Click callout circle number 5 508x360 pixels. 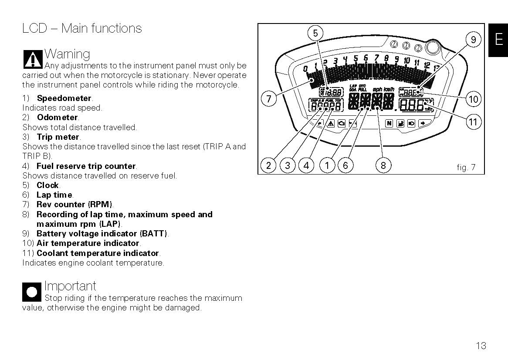coord(315,33)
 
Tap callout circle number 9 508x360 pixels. coord(473,40)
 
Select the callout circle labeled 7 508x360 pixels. coord(268,99)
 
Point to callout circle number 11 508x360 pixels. coord(473,122)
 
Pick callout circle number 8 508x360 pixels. coord(383,165)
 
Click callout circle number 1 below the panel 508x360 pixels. coord(327,165)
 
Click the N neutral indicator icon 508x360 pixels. coord(389,124)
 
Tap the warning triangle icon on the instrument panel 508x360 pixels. coord(331,124)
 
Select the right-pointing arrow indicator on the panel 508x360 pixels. coord(423,124)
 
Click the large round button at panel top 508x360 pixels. coord(433,46)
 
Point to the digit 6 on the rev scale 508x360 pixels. coord(366,57)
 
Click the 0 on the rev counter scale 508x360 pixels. coord(305,68)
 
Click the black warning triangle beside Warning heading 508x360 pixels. coord(33,59)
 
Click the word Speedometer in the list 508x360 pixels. coord(64,98)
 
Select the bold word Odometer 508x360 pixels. coord(57,117)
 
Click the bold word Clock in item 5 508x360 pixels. coord(47,185)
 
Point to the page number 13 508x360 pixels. coord(481,346)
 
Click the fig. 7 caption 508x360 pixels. coord(466,167)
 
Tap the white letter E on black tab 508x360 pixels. coord(499,40)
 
